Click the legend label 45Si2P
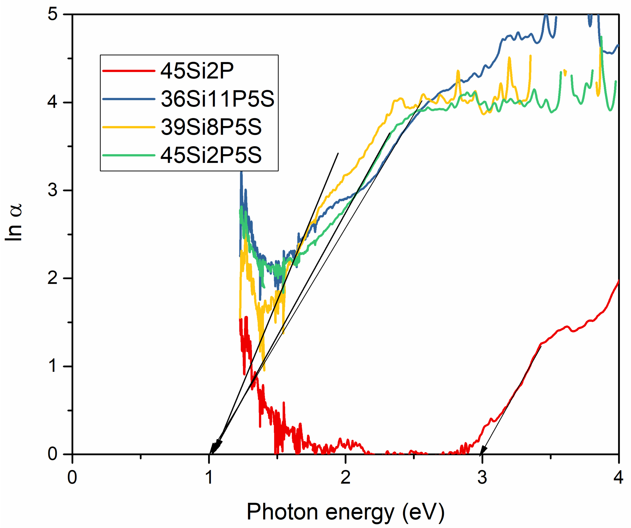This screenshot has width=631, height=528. coord(197,71)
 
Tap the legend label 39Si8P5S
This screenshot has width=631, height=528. coord(211,127)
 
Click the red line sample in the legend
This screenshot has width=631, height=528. coord(129,71)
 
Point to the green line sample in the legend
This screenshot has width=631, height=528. coord(129,156)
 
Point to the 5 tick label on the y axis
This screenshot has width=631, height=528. coord(53,14)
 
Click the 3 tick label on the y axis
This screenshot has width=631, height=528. coord(53,190)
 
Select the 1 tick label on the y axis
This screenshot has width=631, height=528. coord(53,366)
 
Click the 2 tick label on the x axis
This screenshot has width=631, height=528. coord(346,477)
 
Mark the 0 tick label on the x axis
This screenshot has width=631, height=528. coord(72,477)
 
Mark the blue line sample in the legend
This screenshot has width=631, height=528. coord(129,99)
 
